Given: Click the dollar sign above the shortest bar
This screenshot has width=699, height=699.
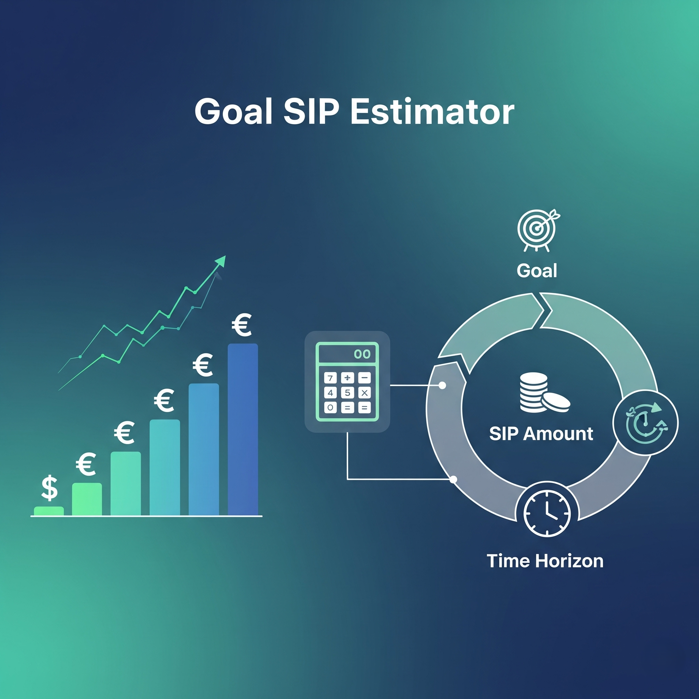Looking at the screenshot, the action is click(49, 488).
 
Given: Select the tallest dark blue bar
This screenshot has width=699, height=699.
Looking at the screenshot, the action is click(243, 429).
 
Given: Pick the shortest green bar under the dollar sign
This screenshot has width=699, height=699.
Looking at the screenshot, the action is click(49, 511).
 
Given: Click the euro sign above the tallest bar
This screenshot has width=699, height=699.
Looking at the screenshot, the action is click(242, 325).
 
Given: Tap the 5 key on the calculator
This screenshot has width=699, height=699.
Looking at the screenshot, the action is click(347, 393).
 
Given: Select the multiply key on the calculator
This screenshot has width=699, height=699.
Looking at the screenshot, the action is click(364, 393).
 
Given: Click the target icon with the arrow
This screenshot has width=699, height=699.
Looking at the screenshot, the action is click(538, 230).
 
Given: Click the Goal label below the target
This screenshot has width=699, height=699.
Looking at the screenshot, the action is click(537, 271).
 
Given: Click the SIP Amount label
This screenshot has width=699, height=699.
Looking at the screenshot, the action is click(541, 433).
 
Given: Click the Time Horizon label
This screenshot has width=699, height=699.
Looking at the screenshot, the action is click(545, 561).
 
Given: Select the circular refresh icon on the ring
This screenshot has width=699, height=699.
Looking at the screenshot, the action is click(645, 423).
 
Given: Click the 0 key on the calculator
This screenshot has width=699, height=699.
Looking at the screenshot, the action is click(330, 408).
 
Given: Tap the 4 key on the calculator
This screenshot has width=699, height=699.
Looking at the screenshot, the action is click(330, 393).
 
